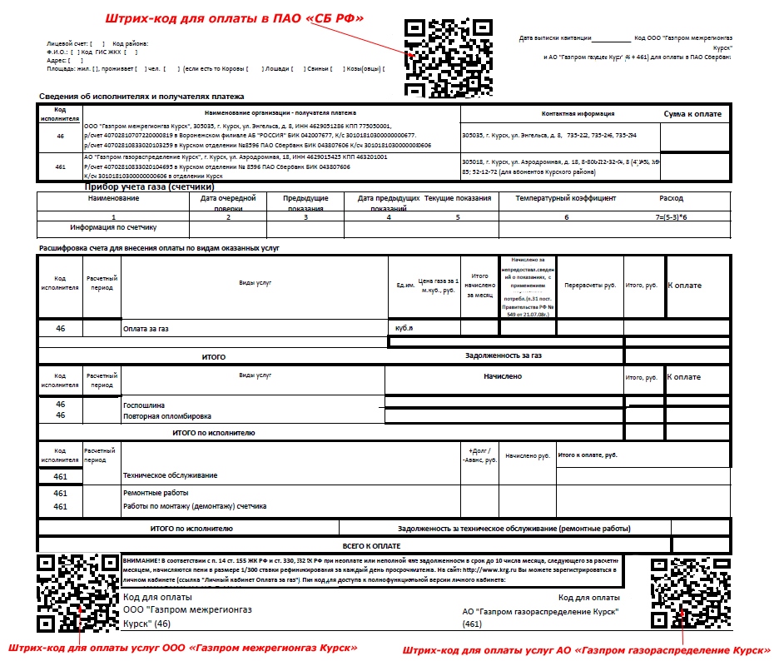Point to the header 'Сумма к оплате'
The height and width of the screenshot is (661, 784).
[692, 113]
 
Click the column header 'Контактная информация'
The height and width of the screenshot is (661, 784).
[578, 113]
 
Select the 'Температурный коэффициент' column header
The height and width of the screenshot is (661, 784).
[565, 199]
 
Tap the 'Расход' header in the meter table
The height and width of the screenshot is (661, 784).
[670, 199]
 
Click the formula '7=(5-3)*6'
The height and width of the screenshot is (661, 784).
[670, 216]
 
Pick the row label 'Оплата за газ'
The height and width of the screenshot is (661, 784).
[146, 329]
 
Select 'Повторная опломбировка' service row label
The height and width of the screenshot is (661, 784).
[166, 415]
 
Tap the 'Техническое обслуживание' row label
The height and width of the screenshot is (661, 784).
[170, 475]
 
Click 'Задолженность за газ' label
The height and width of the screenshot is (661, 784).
[503, 355]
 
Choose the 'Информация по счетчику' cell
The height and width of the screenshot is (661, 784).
[114, 226]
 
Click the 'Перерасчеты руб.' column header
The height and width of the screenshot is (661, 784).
[590, 285]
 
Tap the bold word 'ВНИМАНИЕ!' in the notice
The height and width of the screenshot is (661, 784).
[142, 560]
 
